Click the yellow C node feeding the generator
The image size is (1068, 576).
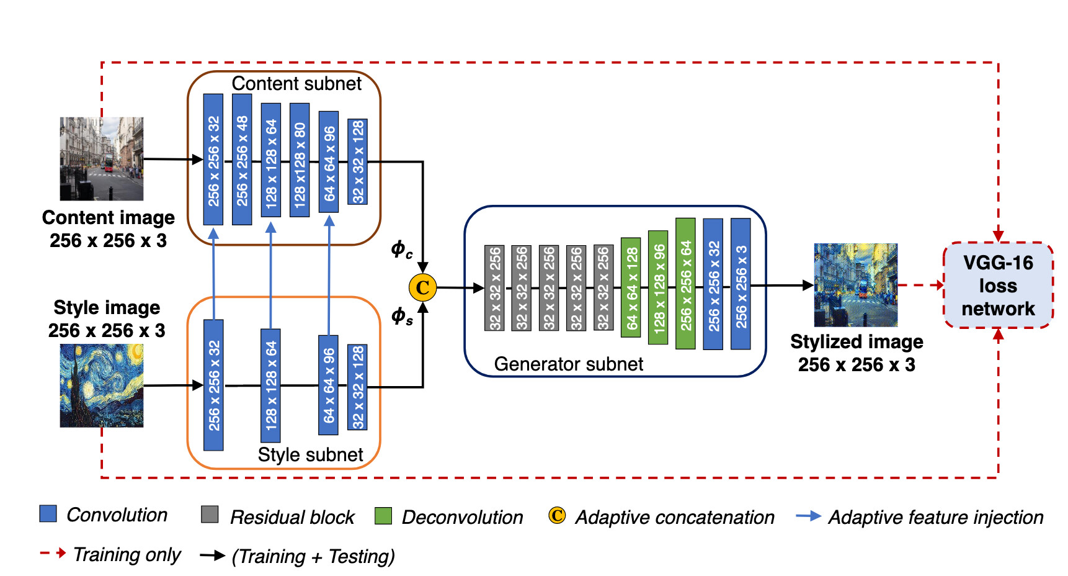(x=422, y=287)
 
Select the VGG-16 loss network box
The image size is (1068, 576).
(x=998, y=286)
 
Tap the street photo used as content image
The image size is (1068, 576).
(x=102, y=159)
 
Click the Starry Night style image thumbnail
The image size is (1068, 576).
(x=102, y=385)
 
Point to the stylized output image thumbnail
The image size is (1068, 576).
(x=856, y=285)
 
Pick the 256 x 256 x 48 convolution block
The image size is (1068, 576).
(x=242, y=160)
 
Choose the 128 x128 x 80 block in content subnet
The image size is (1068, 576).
(x=300, y=160)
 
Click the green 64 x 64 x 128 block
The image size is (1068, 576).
(x=631, y=287)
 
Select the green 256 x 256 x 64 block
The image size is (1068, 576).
(x=685, y=284)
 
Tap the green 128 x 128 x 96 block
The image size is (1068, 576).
(x=658, y=287)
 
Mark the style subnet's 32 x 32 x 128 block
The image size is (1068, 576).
(x=357, y=387)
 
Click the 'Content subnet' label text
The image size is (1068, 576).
(x=296, y=84)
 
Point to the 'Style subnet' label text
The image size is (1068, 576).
(x=310, y=455)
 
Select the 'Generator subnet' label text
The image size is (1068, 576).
(x=569, y=364)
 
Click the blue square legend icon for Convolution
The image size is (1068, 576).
(x=48, y=514)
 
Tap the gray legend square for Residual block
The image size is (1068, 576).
(x=210, y=515)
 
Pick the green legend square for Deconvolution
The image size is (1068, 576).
(x=383, y=516)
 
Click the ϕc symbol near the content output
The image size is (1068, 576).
(x=401, y=250)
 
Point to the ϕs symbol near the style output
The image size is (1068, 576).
(x=401, y=316)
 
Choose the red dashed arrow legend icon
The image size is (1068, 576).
(x=53, y=553)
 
